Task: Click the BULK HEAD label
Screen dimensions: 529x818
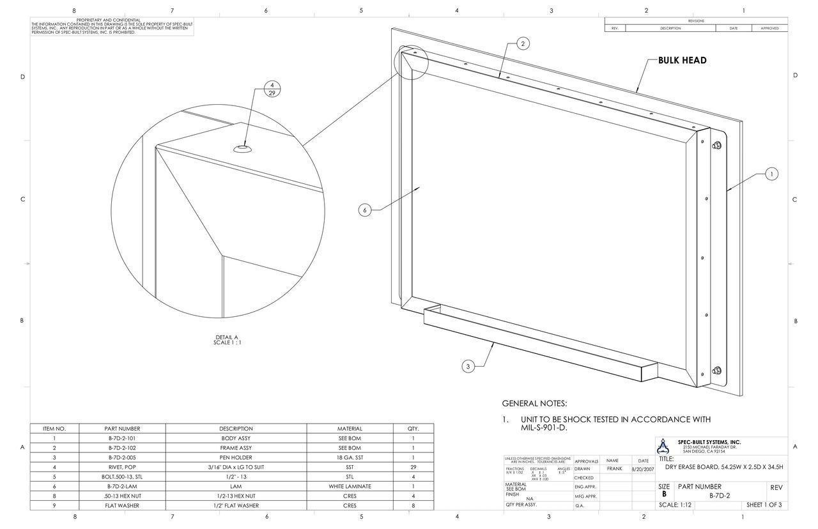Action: point(682,61)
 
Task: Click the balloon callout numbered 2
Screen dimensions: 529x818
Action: point(523,43)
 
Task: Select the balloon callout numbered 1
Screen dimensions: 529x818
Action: point(771,174)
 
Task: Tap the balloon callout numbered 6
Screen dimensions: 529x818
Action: point(364,210)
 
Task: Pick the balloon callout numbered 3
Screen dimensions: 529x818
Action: point(468,366)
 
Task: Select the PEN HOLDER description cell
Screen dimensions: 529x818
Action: point(236,458)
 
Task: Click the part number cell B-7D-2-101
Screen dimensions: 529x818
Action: point(122,439)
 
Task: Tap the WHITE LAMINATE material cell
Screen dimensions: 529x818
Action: point(350,487)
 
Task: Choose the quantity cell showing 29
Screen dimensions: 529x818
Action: point(413,468)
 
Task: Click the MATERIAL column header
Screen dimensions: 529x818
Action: point(350,429)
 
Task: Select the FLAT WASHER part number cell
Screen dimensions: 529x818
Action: point(122,506)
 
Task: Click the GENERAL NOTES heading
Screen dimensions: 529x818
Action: point(534,404)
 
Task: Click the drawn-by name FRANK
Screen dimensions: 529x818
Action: point(614,468)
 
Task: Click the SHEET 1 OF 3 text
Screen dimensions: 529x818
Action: point(764,505)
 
